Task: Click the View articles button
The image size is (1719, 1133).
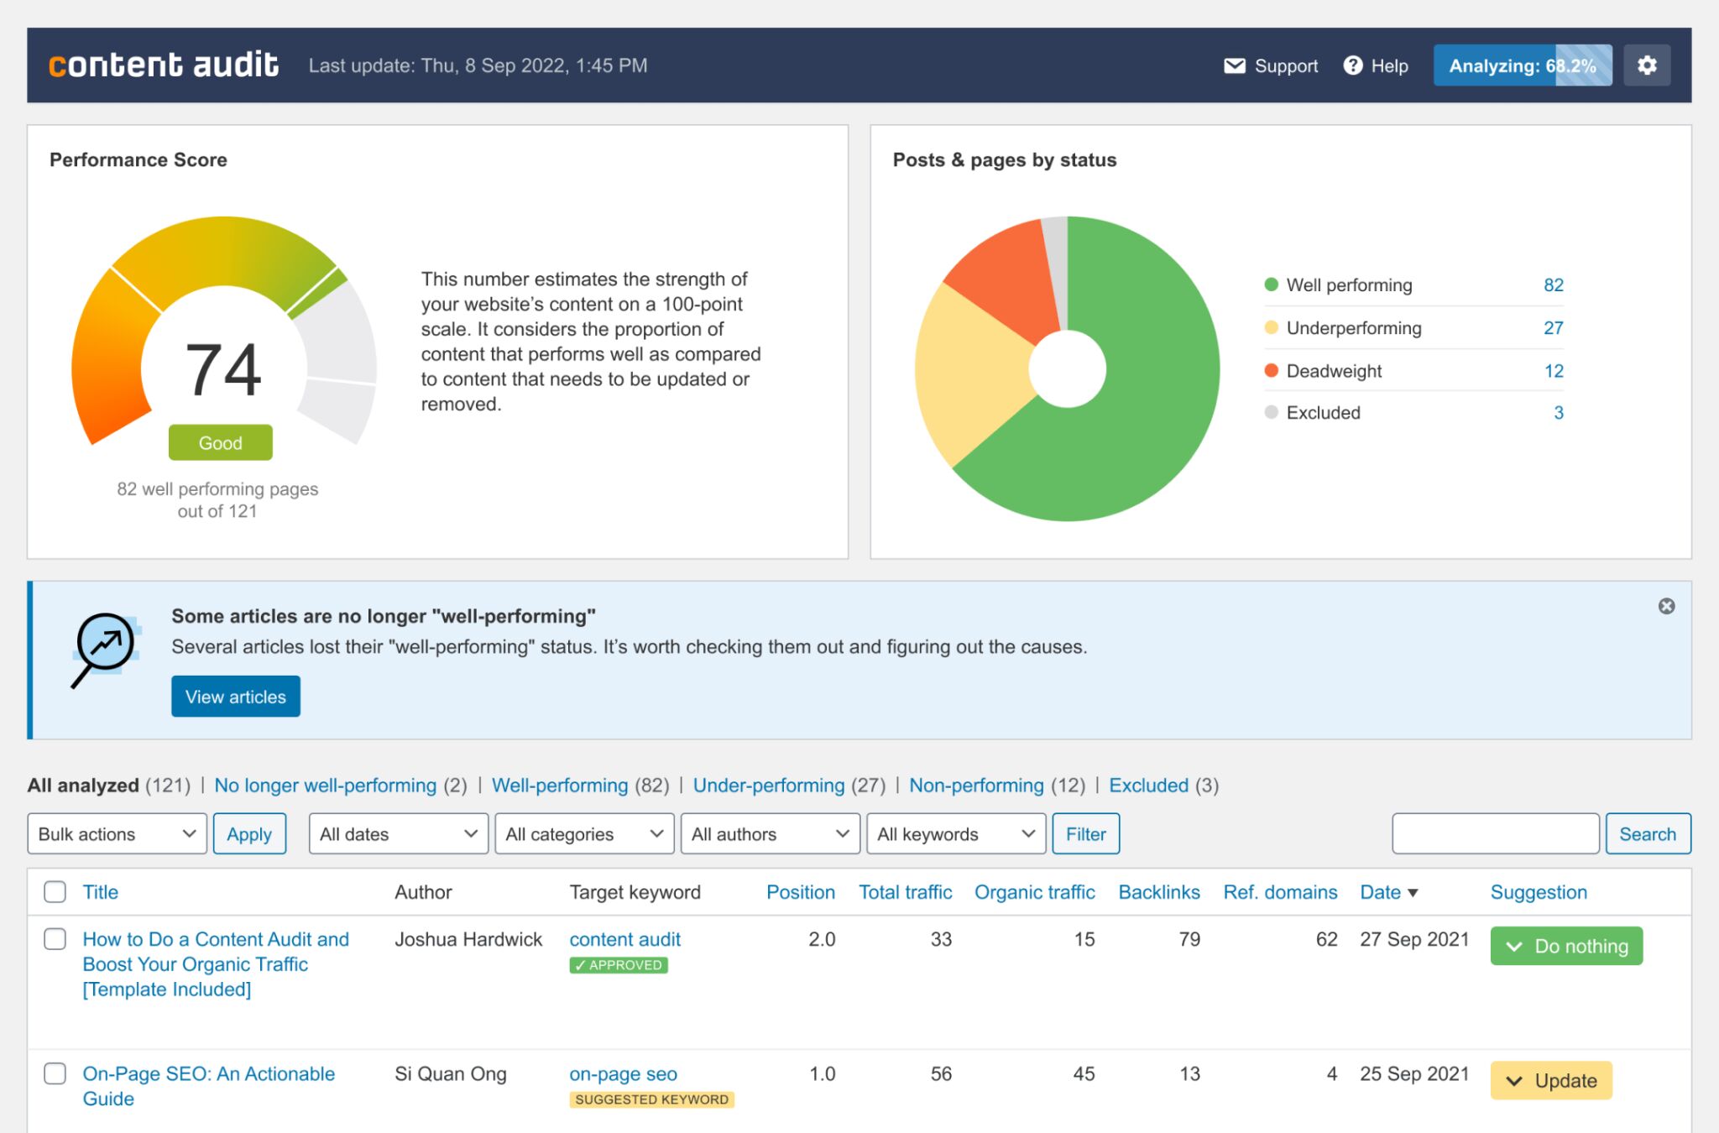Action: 235,697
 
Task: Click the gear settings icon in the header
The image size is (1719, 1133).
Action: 1647,65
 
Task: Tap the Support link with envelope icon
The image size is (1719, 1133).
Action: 1271,65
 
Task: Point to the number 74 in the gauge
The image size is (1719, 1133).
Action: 222,370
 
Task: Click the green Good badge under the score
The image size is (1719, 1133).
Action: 220,442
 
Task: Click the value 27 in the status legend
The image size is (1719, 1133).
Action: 1553,328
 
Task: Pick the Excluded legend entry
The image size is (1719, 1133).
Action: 1323,413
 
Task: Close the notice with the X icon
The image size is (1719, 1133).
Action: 1666,606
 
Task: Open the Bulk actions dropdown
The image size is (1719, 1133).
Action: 117,833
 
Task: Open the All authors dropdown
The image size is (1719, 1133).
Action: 770,833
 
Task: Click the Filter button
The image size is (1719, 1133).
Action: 1085,833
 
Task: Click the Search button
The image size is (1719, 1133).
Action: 1647,833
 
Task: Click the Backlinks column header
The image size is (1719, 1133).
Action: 1158,892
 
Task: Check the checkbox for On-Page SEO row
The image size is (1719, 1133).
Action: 55,1073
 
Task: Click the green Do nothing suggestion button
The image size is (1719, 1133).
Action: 1565,946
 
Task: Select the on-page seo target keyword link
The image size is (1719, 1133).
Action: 623,1073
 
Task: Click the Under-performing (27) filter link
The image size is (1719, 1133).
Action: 768,786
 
